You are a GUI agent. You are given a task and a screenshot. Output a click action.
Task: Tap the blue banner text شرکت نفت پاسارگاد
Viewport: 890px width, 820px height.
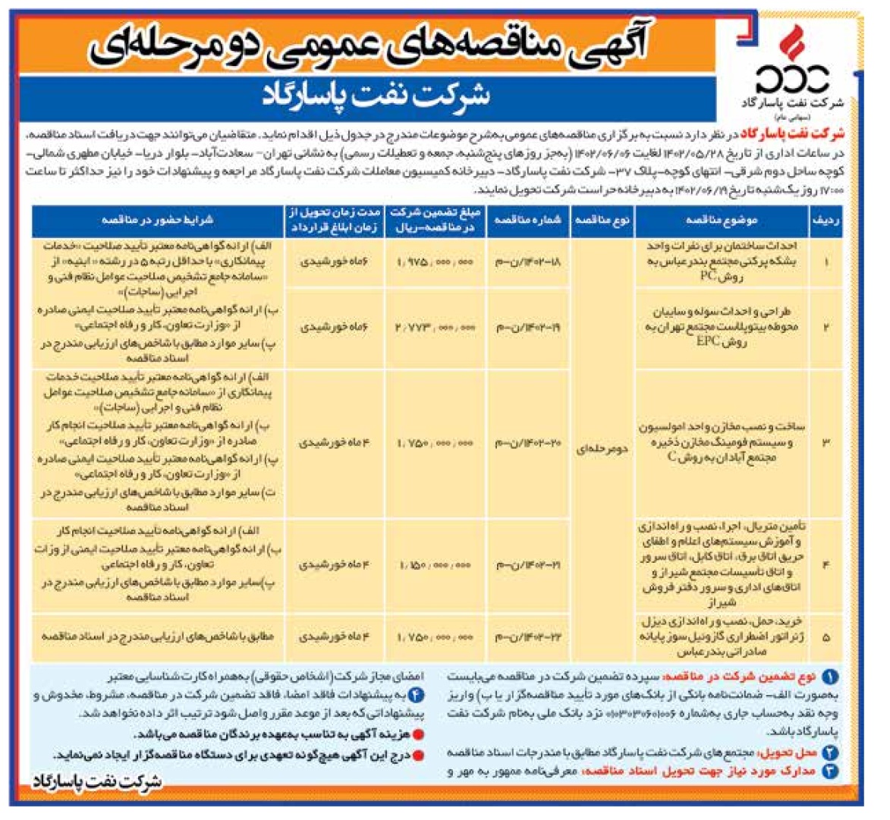click(377, 96)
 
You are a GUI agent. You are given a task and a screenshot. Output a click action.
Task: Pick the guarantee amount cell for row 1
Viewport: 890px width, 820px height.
click(434, 262)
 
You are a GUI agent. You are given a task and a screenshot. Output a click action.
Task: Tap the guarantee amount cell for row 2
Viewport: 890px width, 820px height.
click(434, 328)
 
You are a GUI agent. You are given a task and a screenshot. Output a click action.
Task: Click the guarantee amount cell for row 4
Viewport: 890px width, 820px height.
click(434, 565)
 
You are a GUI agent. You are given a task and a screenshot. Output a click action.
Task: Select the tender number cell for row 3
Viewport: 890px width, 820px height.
click(528, 442)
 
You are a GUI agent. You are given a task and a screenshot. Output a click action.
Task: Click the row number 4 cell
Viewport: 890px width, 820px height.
click(825, 565)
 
